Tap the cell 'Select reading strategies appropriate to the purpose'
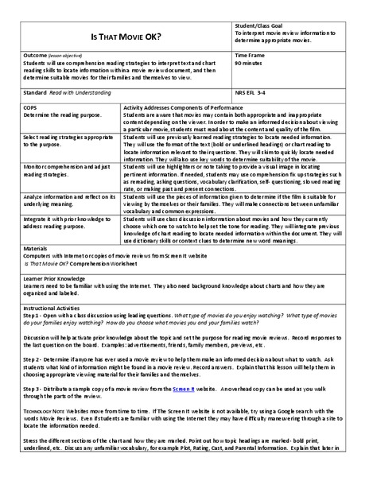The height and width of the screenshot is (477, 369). (x=58, y=142)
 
